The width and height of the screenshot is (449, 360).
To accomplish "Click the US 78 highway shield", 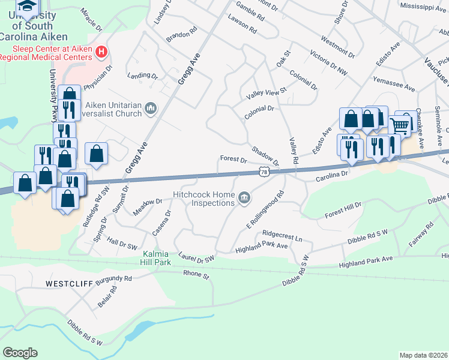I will [264, 172].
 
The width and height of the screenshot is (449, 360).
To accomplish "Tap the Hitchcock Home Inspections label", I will [203, 199].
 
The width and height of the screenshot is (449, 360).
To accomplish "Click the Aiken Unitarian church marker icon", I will [150, 108].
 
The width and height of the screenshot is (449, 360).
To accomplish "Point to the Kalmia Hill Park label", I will [149, 258].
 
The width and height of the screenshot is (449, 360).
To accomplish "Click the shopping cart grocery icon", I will [399, 125].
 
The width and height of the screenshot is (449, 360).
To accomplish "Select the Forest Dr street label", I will [234, 160].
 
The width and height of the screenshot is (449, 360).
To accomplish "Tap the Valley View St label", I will [267, 94].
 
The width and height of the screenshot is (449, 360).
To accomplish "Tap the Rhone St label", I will [196, 275].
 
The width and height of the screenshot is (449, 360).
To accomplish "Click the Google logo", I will [20, 352].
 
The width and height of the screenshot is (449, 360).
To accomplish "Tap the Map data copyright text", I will [423, 355].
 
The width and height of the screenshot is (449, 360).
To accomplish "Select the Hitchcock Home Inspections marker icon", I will [244, 197].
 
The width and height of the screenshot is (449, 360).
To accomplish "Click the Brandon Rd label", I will [182, 34].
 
